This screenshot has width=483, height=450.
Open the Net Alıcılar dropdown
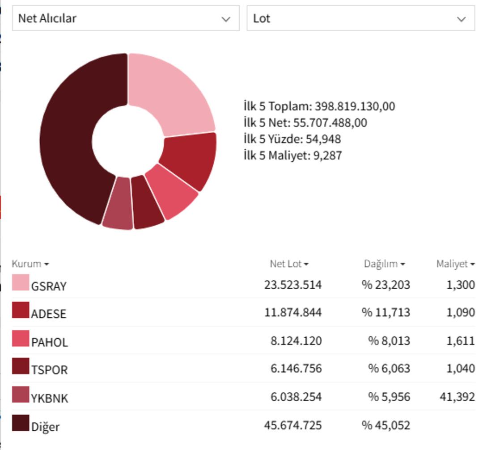[x=126, y=18]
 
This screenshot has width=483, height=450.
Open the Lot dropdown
[x=360, y=18]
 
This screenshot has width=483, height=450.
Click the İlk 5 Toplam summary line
[x=319, y=106]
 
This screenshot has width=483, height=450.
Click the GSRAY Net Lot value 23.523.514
[x=292, y=285]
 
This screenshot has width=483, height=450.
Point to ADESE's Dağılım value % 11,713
[x=386, y=312]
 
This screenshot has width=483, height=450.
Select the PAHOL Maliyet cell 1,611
[x=460, y=341]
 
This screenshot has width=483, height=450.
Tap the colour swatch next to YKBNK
[x=20, y=395]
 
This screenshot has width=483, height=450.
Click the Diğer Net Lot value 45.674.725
[x=292, y=425]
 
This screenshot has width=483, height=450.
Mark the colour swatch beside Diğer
[x=20, y=423]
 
